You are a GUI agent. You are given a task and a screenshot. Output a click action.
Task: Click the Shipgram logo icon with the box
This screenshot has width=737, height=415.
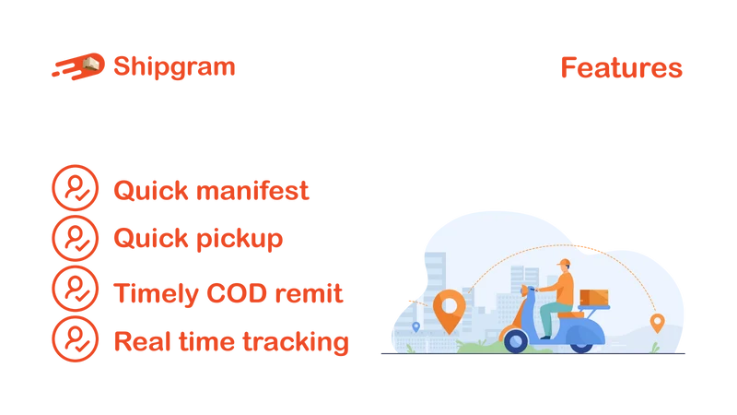tap(78, 66)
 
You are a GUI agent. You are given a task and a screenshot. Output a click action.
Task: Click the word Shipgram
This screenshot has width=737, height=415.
tap(174, 67)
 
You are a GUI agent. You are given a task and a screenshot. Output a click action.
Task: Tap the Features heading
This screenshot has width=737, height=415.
tap(621, 67)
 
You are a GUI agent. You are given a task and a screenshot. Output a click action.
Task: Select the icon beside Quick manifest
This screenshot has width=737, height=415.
tap(76, 187)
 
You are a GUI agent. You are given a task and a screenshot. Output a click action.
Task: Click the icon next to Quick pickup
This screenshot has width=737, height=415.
tap(76, 238)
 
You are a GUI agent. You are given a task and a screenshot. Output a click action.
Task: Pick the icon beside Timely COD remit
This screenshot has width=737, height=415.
tap(76, 289)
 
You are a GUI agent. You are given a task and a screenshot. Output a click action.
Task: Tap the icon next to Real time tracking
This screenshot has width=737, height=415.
tap(76, 338)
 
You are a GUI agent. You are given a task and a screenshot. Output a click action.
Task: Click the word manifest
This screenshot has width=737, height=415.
tap(252, 191)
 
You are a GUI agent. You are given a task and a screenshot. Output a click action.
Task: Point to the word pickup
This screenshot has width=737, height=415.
tap(240, 240)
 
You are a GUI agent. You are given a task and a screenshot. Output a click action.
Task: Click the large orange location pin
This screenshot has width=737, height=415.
tap(450, 311)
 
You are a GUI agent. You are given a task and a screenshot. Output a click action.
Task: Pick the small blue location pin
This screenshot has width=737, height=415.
tap(416, 327)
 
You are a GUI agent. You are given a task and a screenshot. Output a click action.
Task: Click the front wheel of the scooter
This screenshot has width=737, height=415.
tap(516, 340)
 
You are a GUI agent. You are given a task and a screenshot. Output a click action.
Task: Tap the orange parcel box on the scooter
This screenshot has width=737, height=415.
tap(594, 297)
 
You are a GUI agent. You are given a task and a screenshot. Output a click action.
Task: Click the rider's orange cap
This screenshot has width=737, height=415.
tap(564, 263)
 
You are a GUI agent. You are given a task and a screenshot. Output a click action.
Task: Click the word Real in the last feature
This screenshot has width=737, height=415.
tap(143, 341)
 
